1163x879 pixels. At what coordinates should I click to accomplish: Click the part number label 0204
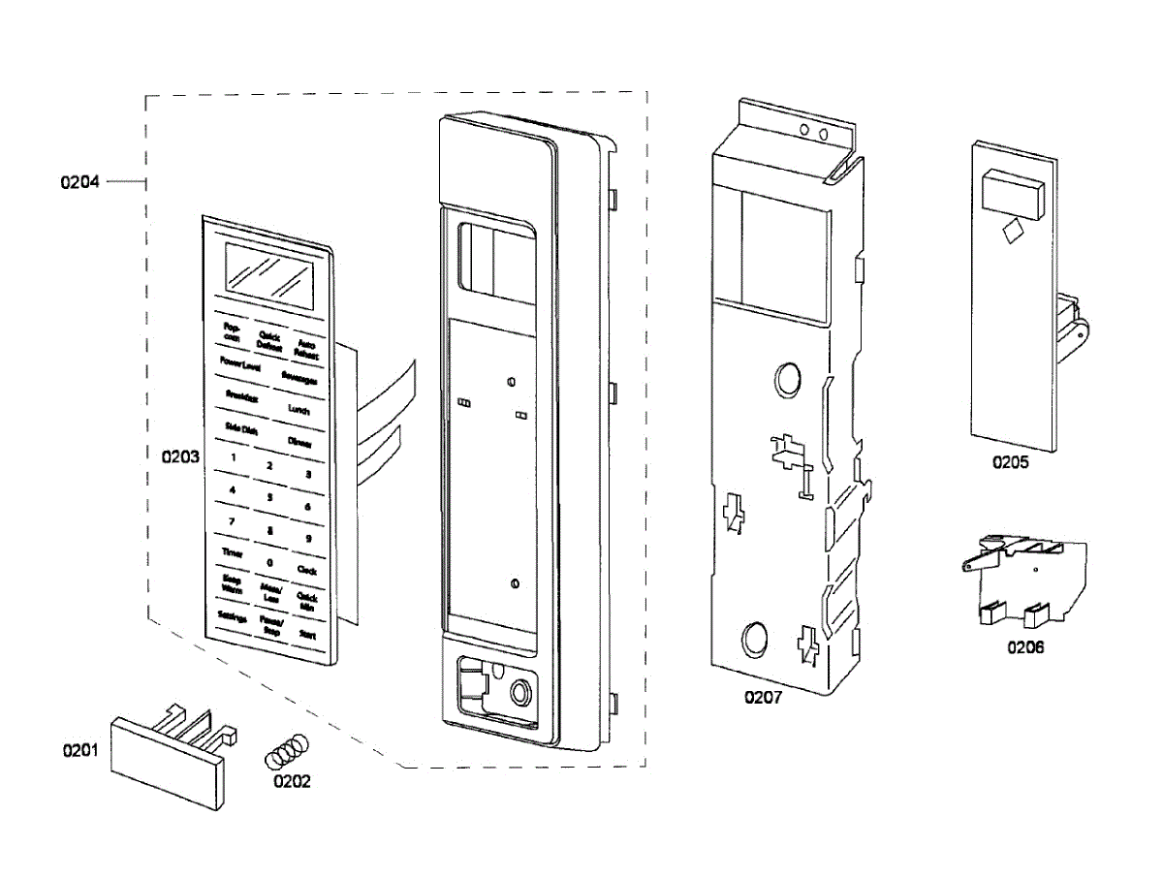pos(79,181)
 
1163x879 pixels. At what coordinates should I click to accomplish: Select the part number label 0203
pos(181,455)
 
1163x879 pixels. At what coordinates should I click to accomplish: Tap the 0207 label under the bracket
pos(763,696)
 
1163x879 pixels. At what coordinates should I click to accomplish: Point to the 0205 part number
pos(1010,462)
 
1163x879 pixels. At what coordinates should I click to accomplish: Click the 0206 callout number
pos(1025,647)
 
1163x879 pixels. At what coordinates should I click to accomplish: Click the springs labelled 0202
pos(287,748)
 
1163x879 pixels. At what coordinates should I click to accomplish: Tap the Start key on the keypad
pos(307,635)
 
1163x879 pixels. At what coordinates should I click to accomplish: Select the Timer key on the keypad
pos(233,551)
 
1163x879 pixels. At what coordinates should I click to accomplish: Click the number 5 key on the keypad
pos(270,497)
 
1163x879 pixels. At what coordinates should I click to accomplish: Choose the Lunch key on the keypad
pos(299,409)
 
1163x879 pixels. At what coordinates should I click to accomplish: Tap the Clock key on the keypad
pos(307,571)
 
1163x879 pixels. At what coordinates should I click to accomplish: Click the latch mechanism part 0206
pos(1027,578)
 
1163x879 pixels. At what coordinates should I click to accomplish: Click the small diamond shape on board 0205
pos(1011,232)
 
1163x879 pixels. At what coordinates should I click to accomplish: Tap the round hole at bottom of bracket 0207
pos(754,639)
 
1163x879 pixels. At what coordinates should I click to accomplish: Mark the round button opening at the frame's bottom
pos(520,693)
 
